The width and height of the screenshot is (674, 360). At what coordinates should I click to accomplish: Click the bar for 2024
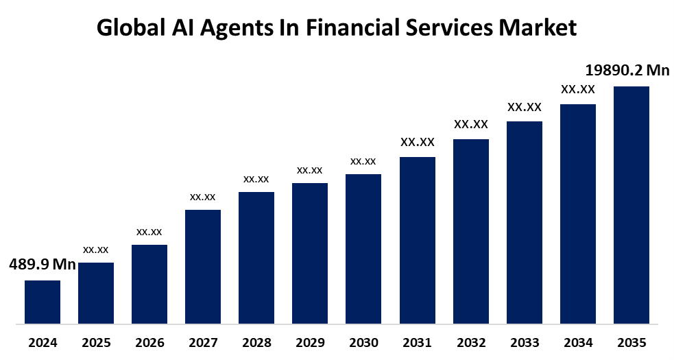(43, 301)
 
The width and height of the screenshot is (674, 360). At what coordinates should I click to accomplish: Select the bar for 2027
(203, 266)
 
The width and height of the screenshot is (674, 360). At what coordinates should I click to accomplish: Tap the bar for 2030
(363, 248)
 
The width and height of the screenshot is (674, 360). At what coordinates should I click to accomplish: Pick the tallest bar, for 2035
(631, 204)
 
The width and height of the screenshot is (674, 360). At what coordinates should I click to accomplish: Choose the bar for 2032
(470, 230)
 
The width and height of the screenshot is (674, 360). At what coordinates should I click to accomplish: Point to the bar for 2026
(149, 283)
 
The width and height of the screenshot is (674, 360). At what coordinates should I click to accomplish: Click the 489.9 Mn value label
(43, 265)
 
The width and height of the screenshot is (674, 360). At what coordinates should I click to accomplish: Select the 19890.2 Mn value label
(627, 70)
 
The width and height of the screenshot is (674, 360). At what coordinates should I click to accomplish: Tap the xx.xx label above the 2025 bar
(96, 250)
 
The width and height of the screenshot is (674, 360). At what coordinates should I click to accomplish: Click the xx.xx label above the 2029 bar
(310, 170)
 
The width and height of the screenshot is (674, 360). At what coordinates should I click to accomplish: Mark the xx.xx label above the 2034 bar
(578, 89)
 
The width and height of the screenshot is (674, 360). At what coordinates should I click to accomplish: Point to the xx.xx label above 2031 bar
(418, 142)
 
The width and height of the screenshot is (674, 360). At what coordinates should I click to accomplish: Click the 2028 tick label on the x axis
(256, 342)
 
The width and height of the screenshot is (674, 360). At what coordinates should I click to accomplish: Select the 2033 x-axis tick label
(524, 342)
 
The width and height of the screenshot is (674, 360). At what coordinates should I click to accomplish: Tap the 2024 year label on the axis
(43, 342)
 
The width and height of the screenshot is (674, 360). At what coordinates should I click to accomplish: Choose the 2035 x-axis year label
(631, 342)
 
